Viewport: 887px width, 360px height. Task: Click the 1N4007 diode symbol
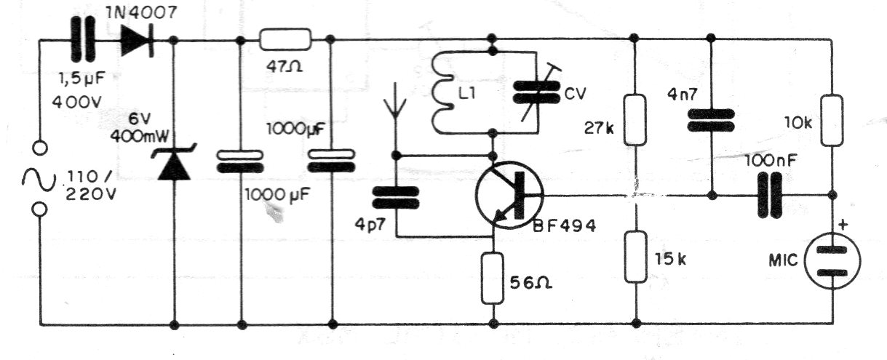click(x=137, y=40)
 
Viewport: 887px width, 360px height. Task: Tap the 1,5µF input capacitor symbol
click(x=83, y=39)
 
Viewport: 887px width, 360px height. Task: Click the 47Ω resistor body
click(x=285, y=39)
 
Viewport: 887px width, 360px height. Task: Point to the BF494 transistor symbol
click(x=509, y=195)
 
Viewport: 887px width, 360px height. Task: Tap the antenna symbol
click(x=395, y=101)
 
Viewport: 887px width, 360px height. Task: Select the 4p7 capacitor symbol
click(x=396, y=198)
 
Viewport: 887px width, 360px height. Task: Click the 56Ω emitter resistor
click(x=493, y=279)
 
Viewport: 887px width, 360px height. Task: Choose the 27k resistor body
click(x=635, y=120)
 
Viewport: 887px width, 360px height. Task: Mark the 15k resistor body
click(x=636, y=257)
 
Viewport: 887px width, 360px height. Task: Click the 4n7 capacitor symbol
click(x=711, y=121)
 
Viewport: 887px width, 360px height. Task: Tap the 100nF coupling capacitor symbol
click(x=770, y=196)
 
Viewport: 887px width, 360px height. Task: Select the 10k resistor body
click(x=832, y=120)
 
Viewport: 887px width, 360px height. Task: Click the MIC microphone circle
click(x=832, y=261)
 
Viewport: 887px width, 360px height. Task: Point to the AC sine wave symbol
click(x=39, y=180)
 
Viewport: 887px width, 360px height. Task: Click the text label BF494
click(x=565, y=226)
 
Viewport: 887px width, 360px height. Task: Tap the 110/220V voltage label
click(x=91, y=185)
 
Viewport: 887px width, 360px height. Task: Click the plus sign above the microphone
click(x=843, y=225)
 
